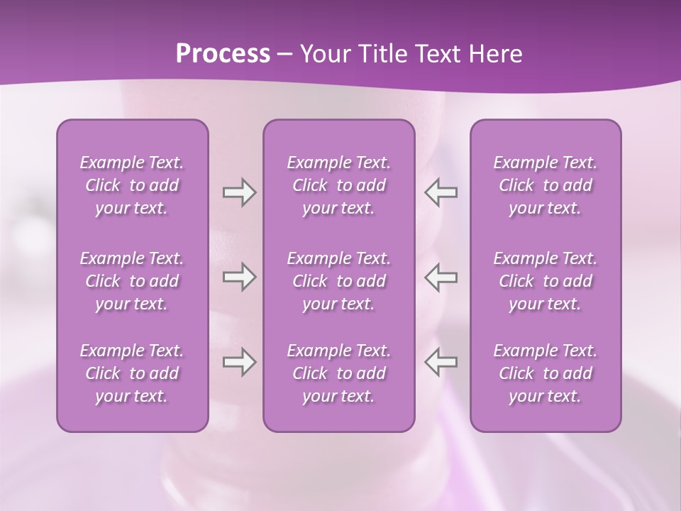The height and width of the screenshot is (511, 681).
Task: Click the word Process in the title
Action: pos(223,54)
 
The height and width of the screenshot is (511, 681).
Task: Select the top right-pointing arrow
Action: pos(239,192)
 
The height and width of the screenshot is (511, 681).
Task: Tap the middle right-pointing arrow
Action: pos(239,277)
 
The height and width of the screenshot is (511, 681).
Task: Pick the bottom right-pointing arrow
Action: pos(239,362)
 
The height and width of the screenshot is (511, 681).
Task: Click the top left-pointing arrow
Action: pos(441,192)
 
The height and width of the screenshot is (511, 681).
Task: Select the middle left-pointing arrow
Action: pos(441,277)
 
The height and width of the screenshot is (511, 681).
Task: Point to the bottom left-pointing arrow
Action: pos(441,362)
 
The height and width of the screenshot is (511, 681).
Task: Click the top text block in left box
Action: pos(132,185)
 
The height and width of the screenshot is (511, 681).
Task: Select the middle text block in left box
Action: pos(132,281)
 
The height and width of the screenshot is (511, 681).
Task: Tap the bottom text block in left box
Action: pos(132,373)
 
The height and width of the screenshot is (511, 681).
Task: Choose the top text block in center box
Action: pos(338,185)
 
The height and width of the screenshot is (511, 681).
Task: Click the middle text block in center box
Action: pos(338,281)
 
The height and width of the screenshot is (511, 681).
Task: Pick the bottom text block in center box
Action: pos(338,373)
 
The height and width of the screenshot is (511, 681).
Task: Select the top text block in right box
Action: pos(545,185)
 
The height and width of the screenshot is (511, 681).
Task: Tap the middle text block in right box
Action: pos(545,281)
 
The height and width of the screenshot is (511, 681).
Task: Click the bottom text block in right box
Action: pos(545,373)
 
